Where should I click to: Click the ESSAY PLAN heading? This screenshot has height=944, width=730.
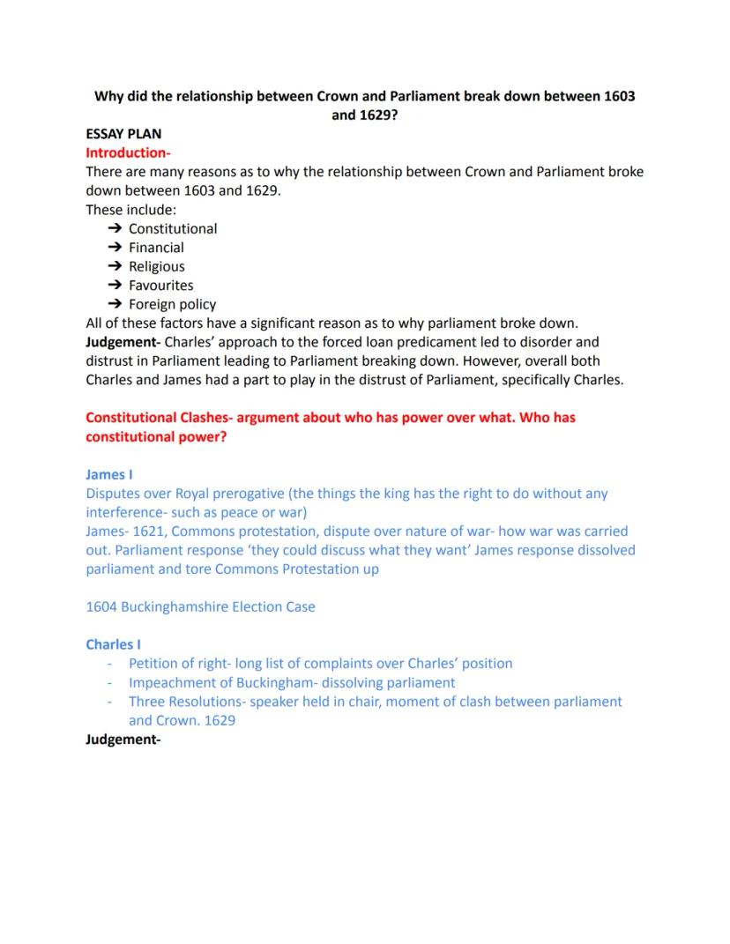pyautogui.click(x=123, y=134)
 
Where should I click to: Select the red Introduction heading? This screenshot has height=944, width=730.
pyautogui.click(x=122, y=152)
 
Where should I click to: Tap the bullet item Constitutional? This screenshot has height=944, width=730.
pyautogui.click(x=173, y=228)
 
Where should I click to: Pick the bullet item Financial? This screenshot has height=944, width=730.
pyautogui.click(x=156, y=248)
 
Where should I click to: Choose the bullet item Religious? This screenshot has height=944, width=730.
pyautogui.click(x=157, y=266)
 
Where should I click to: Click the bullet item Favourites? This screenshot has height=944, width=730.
pyautogui.click(x=160, y=286)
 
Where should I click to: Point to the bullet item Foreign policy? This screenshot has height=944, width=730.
pyautogui.click(x=172, y=304)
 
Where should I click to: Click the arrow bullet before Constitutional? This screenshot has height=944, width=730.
pyautogui.click(x=115, y=228)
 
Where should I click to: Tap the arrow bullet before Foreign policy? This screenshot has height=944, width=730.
pyautogui.click(x=115, y=304)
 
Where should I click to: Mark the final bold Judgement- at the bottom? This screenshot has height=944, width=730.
pyautogui.click(x=123, y=740)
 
